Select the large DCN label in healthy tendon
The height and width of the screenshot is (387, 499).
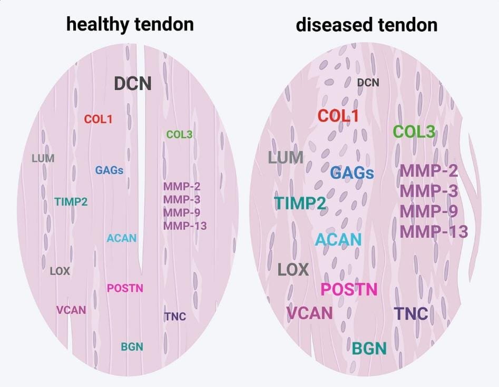pyautogui.click(x=133, y=84)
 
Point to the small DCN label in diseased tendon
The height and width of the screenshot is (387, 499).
pyautogui.click(x=368, y=83)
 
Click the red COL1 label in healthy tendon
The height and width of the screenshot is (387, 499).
pyautogui.click(x=99, y=119)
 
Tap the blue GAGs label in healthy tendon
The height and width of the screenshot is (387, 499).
pyautogui.click(x=110, y=170)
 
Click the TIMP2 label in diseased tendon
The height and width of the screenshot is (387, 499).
pyautogui.click(x=300, y=203)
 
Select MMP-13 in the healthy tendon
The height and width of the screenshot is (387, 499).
pyautogui.click(x=185, y=226)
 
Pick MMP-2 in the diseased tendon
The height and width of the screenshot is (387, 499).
pyautogui.click(x=429, y=171)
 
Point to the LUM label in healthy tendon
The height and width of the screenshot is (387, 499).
pyautogui.click(x=43, y=158)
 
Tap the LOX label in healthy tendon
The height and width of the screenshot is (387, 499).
pyautogui.click(x=60, y=271)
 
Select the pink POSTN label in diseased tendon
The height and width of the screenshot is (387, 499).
pyautogui.click(x=349, y=289)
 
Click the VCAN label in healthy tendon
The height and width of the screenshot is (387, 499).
pyautogui.click(x=71, y=310)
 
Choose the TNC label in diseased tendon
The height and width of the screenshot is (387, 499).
pyautogui.click(x=411, y=314)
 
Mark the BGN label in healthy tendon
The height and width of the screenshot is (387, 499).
pyautogui.click(x=132, y=347)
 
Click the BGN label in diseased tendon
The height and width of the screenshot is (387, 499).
pyautogui.click(x=369, y=348)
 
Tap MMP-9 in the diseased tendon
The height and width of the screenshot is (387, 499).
pyautogui.click(x=429, y=211)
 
